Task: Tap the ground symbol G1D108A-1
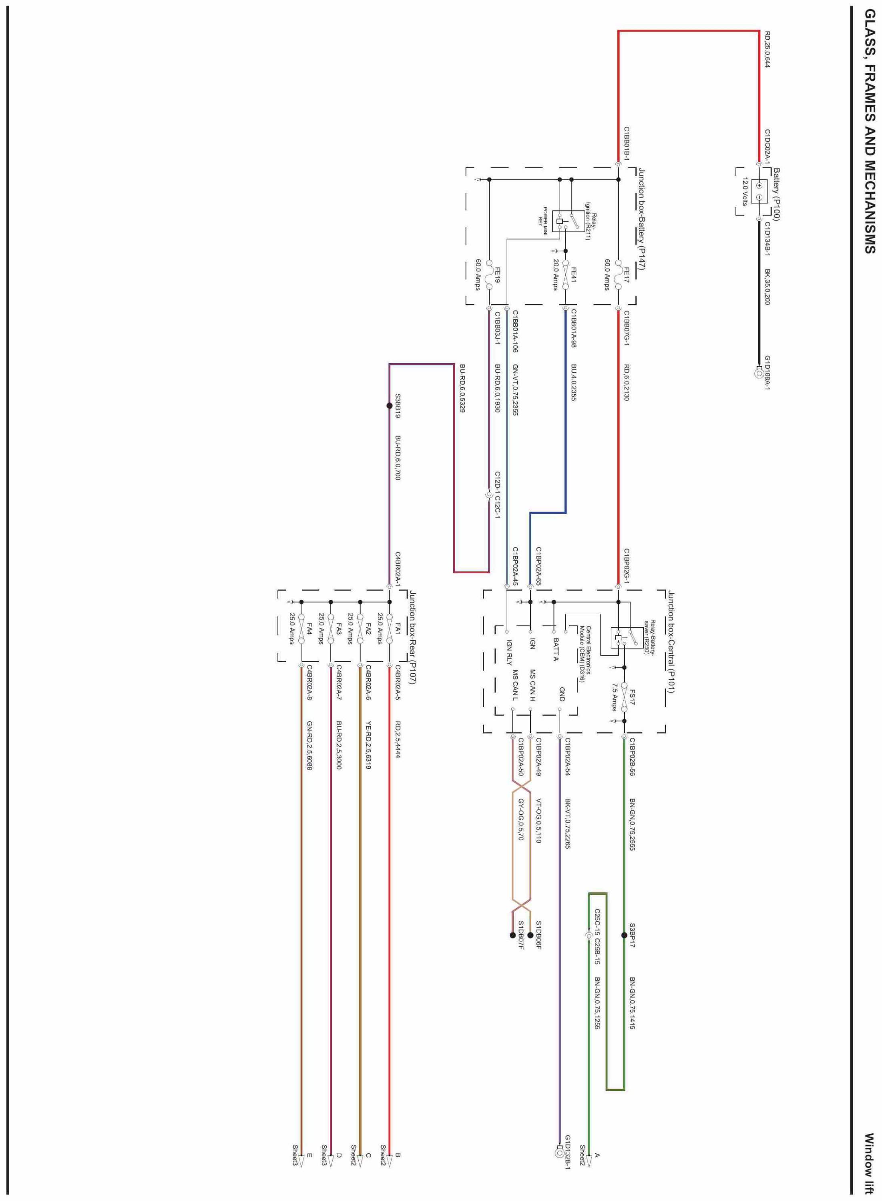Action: coord(759,373)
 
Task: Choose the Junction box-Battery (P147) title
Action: coord(642,219)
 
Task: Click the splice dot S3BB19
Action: coord(389,406)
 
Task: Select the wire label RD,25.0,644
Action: coord(767,49)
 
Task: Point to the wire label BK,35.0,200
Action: coord(767,287)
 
